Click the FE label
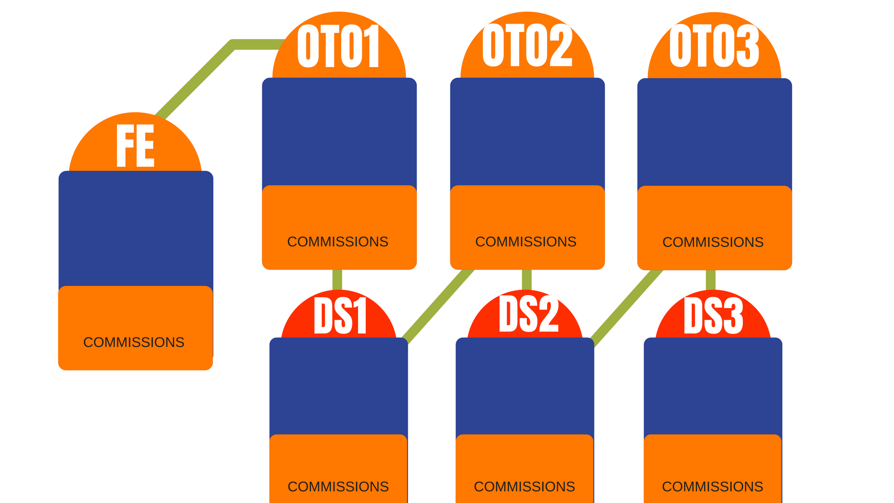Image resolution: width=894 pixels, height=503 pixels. [x=135, y=145]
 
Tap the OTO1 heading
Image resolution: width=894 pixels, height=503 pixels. [x=339, y=46]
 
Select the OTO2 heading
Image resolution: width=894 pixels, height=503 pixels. [x=527, y=45]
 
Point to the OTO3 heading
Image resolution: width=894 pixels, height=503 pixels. [x=714, y=46]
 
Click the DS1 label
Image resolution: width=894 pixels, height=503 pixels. [x=340, y=315]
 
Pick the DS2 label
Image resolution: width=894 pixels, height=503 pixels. [x=528, y=314]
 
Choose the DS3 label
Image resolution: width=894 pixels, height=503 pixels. [x=713, y=315]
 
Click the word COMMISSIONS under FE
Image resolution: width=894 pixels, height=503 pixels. [x=134, y=342]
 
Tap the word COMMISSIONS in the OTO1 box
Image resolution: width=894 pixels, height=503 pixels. [x=338, y=242]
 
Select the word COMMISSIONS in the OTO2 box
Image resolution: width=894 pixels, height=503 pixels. [x=526, y=242]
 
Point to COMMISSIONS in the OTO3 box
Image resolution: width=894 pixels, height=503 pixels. [x=713, y=242]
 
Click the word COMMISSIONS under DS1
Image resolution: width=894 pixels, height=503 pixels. [x=338, y=487]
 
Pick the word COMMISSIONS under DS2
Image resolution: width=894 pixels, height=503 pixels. [x=524, y=487]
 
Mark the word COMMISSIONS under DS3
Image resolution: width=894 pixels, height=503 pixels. [x=712, y=487]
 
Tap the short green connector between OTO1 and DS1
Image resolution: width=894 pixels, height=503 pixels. [x=337, y=279]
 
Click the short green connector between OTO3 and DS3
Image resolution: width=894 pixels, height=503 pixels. [x=711, y=280]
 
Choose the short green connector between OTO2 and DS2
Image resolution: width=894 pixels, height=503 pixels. [x=527, y=279]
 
